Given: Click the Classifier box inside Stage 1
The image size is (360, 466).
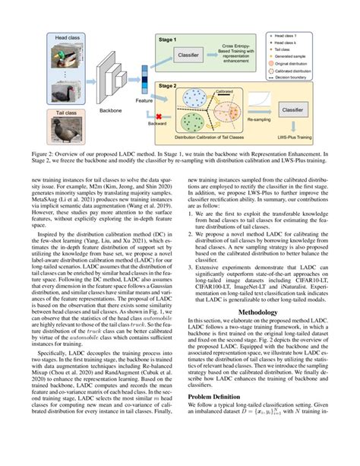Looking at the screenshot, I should click(194, 55).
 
